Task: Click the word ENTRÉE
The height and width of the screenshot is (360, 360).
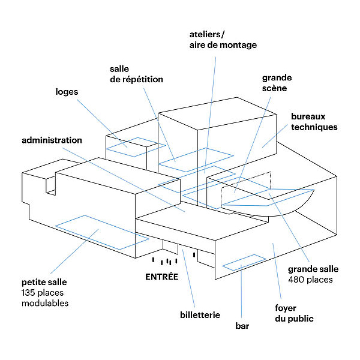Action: click(x=162, y=277)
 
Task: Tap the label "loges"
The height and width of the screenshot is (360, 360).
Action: click(x=67, y=92)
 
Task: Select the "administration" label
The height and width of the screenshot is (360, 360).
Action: click(x=52, y=140)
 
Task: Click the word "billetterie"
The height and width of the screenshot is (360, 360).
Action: click(x=200, y=314)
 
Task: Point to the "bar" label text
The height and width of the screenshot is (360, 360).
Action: click(x=242, y=326)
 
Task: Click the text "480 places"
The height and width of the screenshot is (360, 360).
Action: click(x=310, y=280)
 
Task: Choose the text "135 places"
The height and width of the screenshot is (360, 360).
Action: click(x=42, y=292)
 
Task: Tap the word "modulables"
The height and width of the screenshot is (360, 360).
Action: click(x=45, y=303)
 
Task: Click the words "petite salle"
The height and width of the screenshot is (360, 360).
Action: click(x=44, y=281)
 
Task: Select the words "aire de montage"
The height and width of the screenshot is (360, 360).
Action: click(x=223, y=45)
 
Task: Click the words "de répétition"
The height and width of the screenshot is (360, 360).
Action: click(x=136, y=79)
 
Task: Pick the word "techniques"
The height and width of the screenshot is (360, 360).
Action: click(x=314, y=127)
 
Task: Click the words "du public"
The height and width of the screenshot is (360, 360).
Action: click(x=296, y=319)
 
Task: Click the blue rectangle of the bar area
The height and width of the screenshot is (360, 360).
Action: click(x=244, y=263)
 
